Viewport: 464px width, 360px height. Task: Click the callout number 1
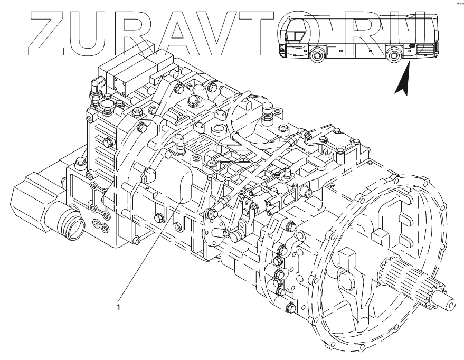point(118,307)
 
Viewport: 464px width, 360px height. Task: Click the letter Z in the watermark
point(48,34)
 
